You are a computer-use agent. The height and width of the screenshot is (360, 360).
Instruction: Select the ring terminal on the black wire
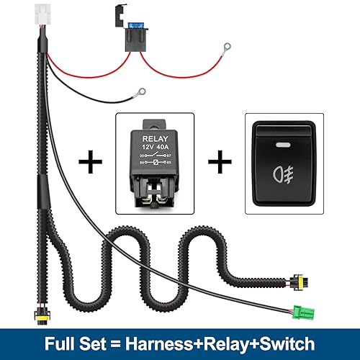pyautogui.click(x=142, y=92)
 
